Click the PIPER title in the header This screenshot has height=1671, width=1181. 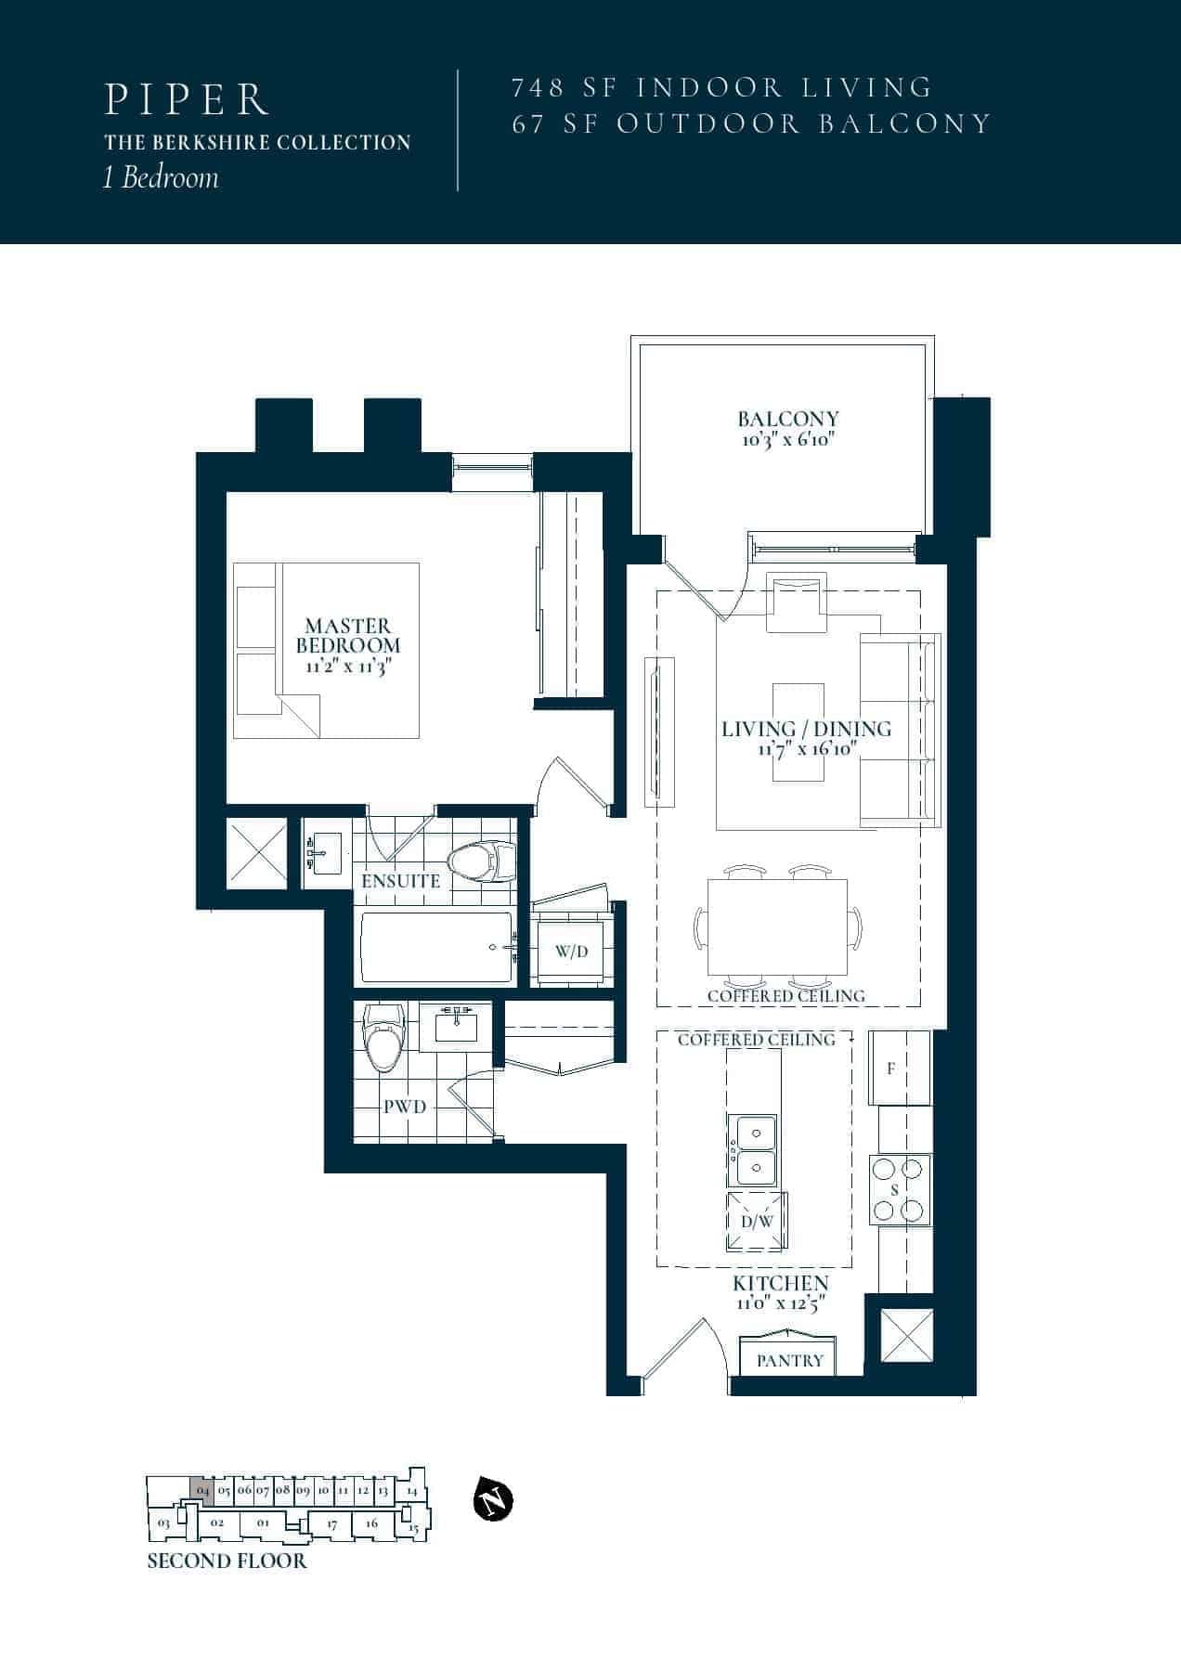click(187, 100)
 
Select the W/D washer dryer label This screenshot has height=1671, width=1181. click(571, 952)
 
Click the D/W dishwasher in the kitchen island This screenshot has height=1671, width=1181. click(757, 1222)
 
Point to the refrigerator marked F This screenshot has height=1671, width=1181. click(899, 1068)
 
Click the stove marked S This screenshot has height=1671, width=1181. click(899, 1189)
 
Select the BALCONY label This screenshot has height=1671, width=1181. click(788, 419)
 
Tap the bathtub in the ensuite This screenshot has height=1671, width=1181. click(436, 947)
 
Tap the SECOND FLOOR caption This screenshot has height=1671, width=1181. click(227, 1561)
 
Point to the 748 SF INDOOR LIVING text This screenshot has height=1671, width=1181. click(721, 87)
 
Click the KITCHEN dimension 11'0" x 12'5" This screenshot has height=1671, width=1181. click(780, 1302)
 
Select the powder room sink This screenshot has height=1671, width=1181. click(456, 1026)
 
